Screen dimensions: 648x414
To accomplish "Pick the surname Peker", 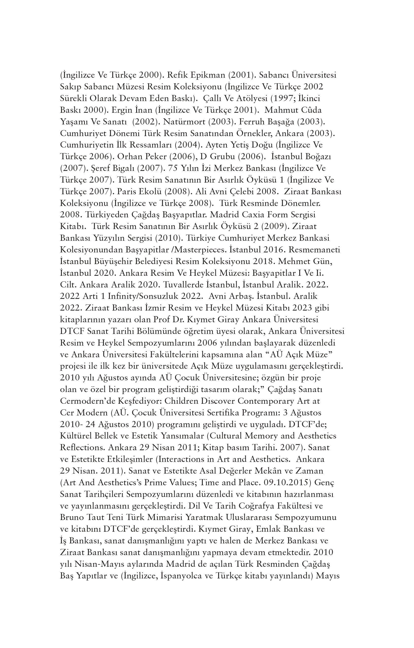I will tap(152, 157).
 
